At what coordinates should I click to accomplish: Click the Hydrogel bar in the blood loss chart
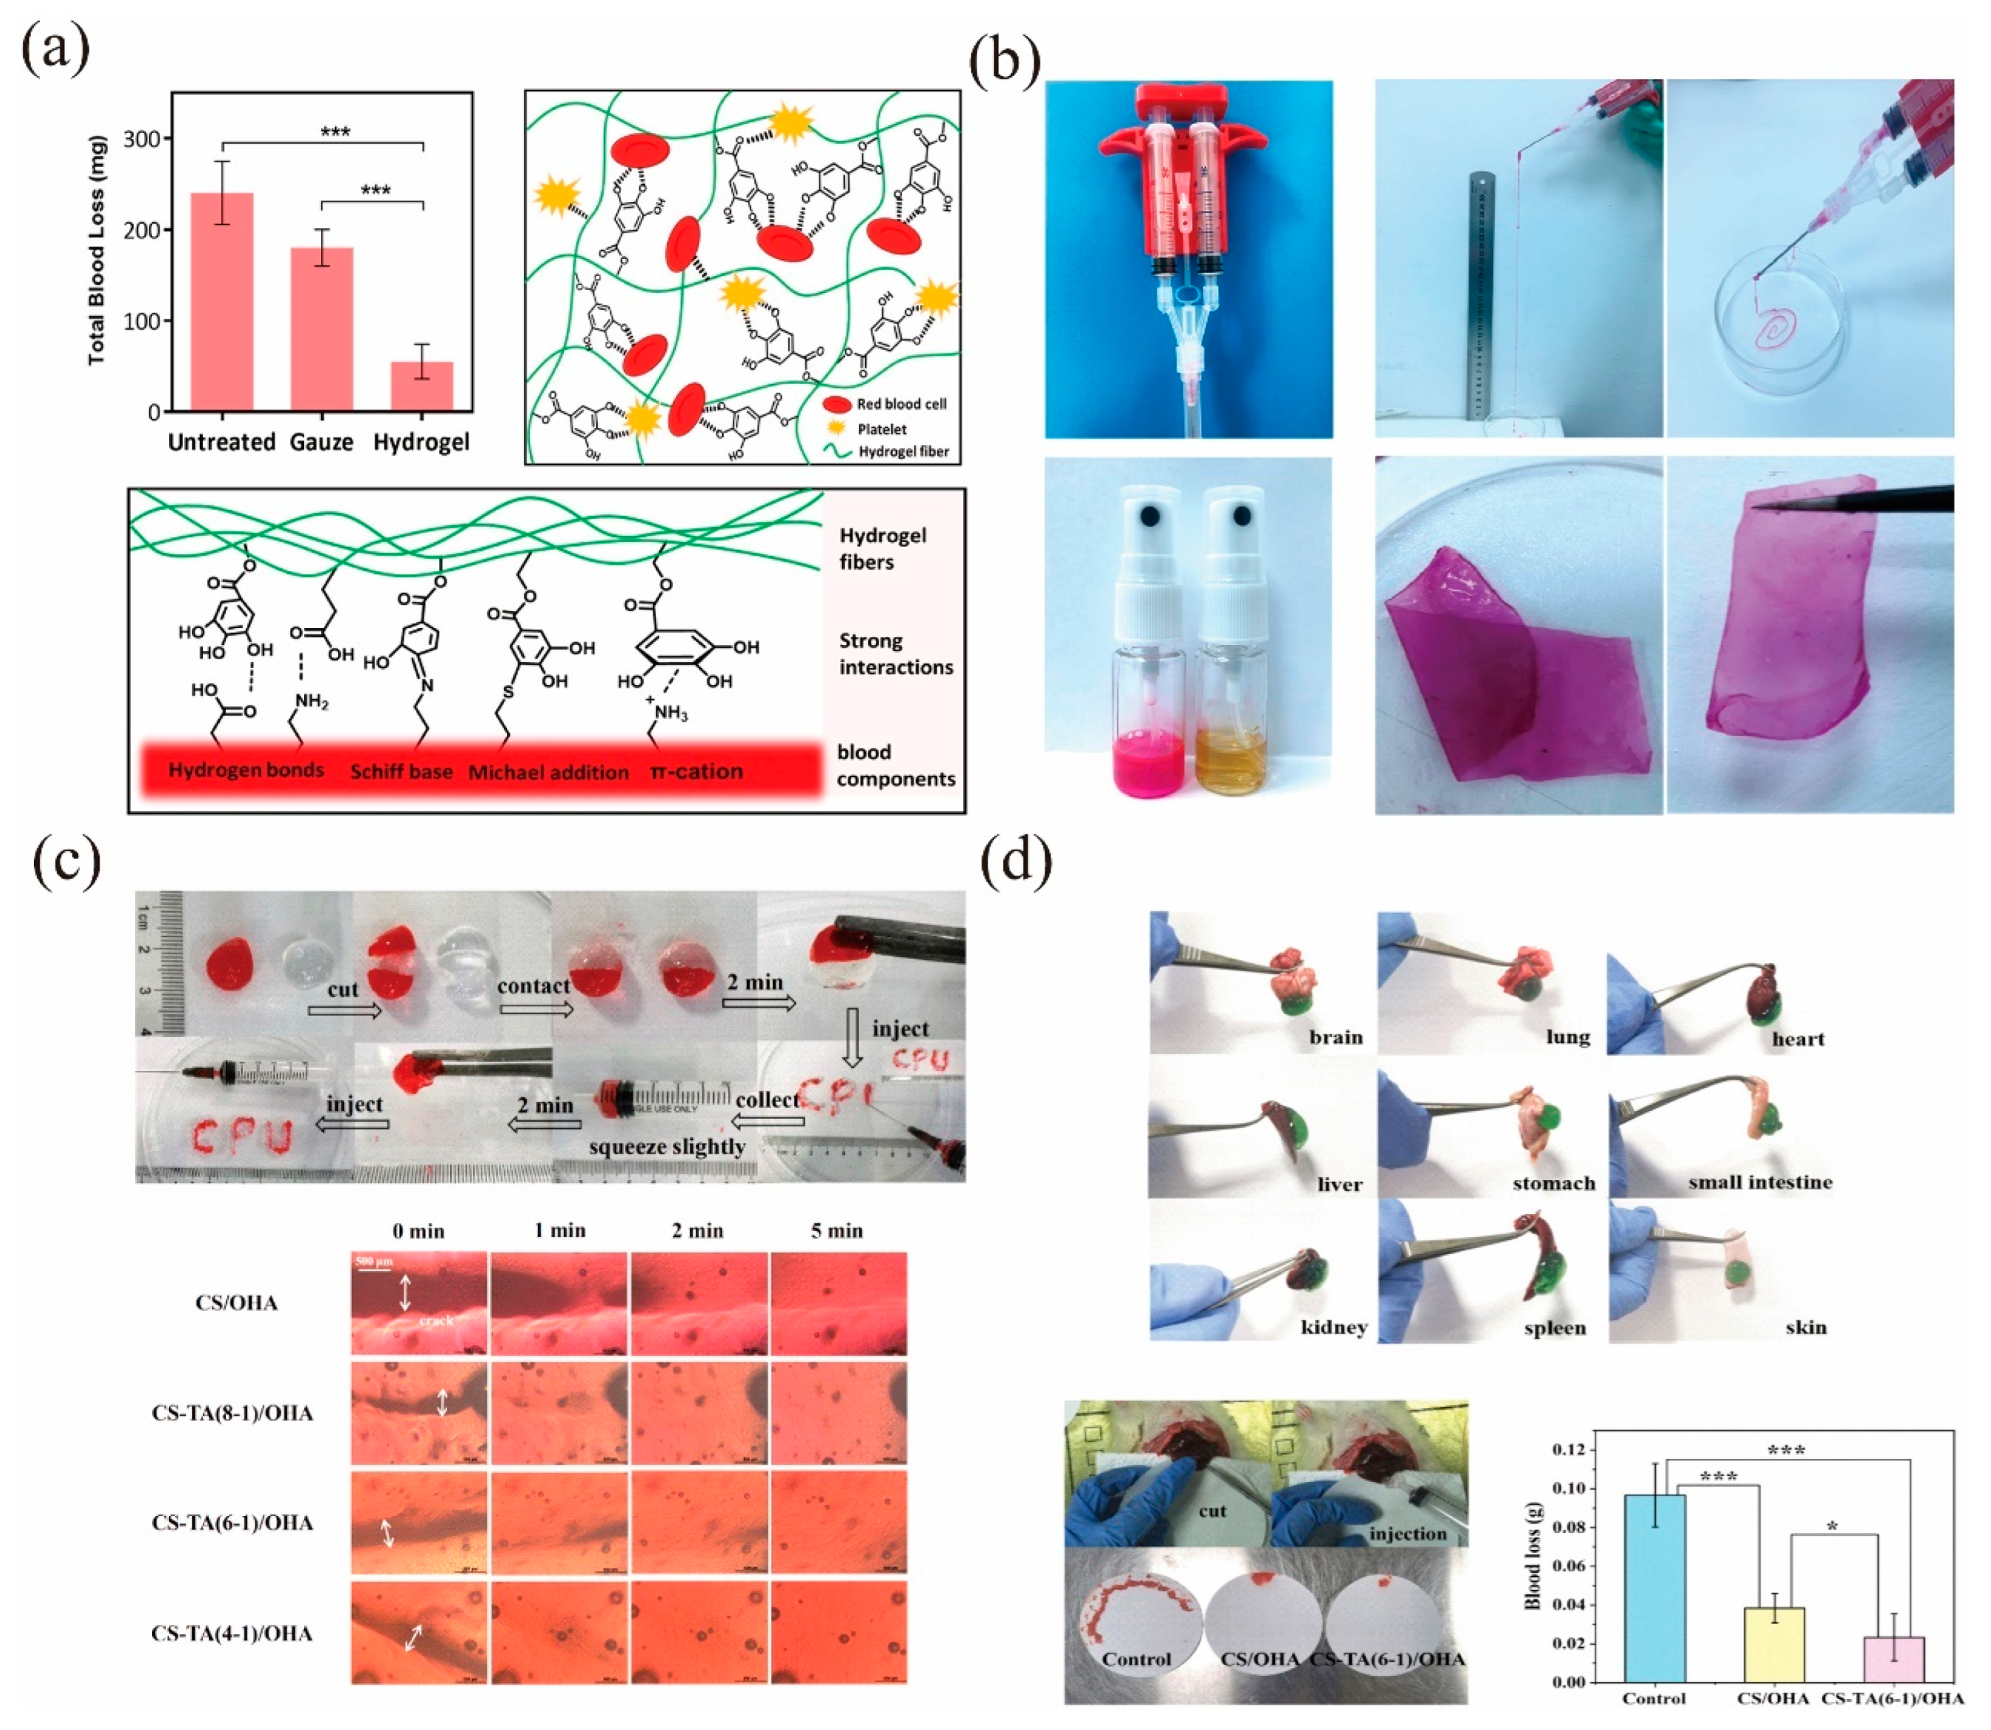point(422,386)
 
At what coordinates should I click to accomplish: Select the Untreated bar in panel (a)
point(222,302)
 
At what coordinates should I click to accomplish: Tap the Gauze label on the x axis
point(321,442)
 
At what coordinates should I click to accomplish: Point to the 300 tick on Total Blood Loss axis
point(142,139)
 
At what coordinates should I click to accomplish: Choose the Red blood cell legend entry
point(900,403)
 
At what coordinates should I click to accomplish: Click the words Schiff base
point(401,772)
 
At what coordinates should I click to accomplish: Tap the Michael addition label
point(548,772)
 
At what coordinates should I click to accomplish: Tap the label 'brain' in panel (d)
point(1336,1037)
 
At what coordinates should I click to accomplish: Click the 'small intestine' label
point(1759,1181)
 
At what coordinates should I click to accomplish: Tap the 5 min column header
point(837,1231)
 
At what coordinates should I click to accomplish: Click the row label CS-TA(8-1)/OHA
point(232,1413)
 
